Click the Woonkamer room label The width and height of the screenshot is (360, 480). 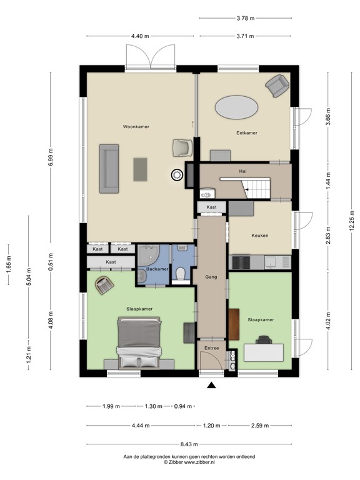coord(136,126)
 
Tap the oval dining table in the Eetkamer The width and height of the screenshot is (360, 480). coord(236,108)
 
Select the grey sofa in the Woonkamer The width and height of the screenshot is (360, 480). coord(110,168)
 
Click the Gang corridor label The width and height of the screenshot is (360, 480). coord(211,276)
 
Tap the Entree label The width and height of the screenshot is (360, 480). coord(210,343)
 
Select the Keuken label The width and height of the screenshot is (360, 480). coord(259,236)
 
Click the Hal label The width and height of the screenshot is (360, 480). coord(244,171)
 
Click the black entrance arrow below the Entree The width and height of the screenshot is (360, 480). coord(211,385)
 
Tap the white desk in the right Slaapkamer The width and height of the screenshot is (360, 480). coord(259,352)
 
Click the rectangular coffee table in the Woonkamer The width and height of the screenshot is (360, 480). coord(140,168)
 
